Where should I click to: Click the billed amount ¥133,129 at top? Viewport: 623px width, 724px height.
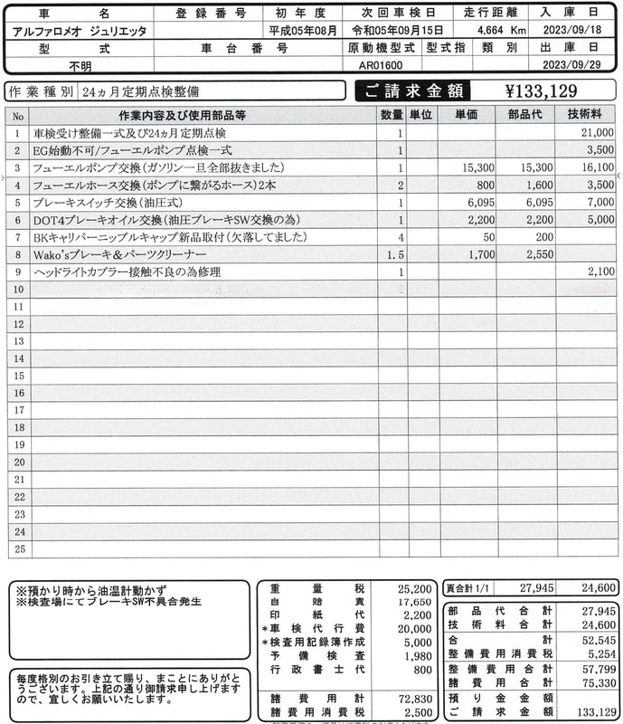[x=542, y=90]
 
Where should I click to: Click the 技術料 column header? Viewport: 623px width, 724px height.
[x=587, y=116]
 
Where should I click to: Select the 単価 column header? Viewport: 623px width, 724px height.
[x=467, y=116]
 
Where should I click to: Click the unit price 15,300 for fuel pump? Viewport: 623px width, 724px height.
[x=477, y=167]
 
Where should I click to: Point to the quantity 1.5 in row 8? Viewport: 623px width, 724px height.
[x=394, y=254]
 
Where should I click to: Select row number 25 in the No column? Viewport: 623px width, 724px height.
[x=18, y=548]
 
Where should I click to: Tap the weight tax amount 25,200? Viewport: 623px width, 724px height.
[x=413, y=588]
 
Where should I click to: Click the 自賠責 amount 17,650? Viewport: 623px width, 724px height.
[x=413, y=603]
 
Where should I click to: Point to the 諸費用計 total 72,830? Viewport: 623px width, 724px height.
[x=413, y=700]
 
